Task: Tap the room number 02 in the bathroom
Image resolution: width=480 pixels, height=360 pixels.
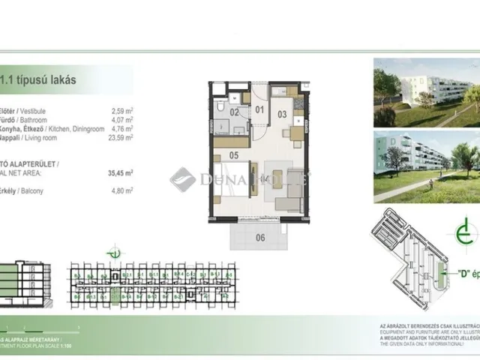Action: [x=234, y=112]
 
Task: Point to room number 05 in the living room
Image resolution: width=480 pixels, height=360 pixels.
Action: [x=233, y=157]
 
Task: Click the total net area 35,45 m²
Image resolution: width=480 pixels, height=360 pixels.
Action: [x=119, y=172]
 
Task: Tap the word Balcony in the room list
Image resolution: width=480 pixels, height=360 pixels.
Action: [x=34, y=191]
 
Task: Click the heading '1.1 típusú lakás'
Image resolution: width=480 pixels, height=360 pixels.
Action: [x=41, y=77]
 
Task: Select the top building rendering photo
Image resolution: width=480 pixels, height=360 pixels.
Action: [x=424, y=93]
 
